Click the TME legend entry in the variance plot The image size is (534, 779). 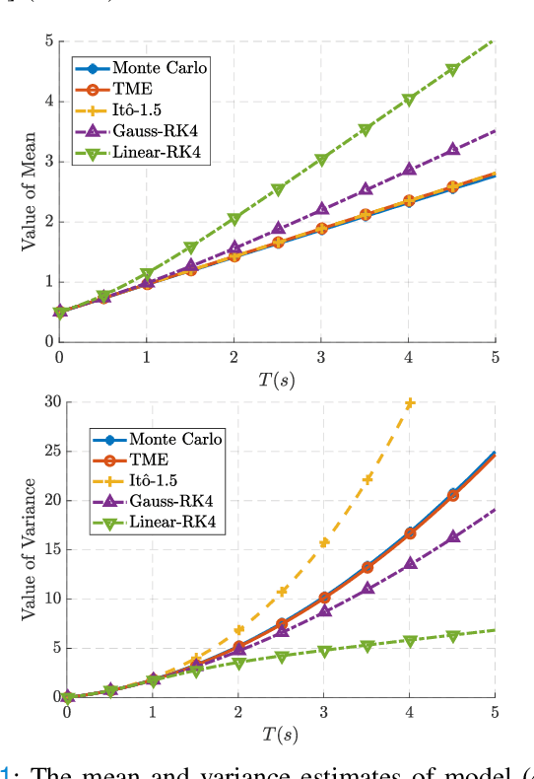coord(149,460)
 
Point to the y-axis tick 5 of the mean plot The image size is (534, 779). coord(46,41)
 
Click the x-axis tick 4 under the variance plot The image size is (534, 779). coord(410,711)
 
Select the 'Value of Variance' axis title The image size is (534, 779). coord(30,549)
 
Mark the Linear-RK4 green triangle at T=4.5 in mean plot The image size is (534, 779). coord(451,70)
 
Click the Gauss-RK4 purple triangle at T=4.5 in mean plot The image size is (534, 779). coord(451,149)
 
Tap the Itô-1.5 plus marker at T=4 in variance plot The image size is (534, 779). coord(410,402)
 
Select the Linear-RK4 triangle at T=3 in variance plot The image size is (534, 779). coord(324,651)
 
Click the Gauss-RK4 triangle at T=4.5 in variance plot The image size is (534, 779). coord(452,537)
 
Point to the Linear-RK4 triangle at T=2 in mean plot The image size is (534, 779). coord(234,219)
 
